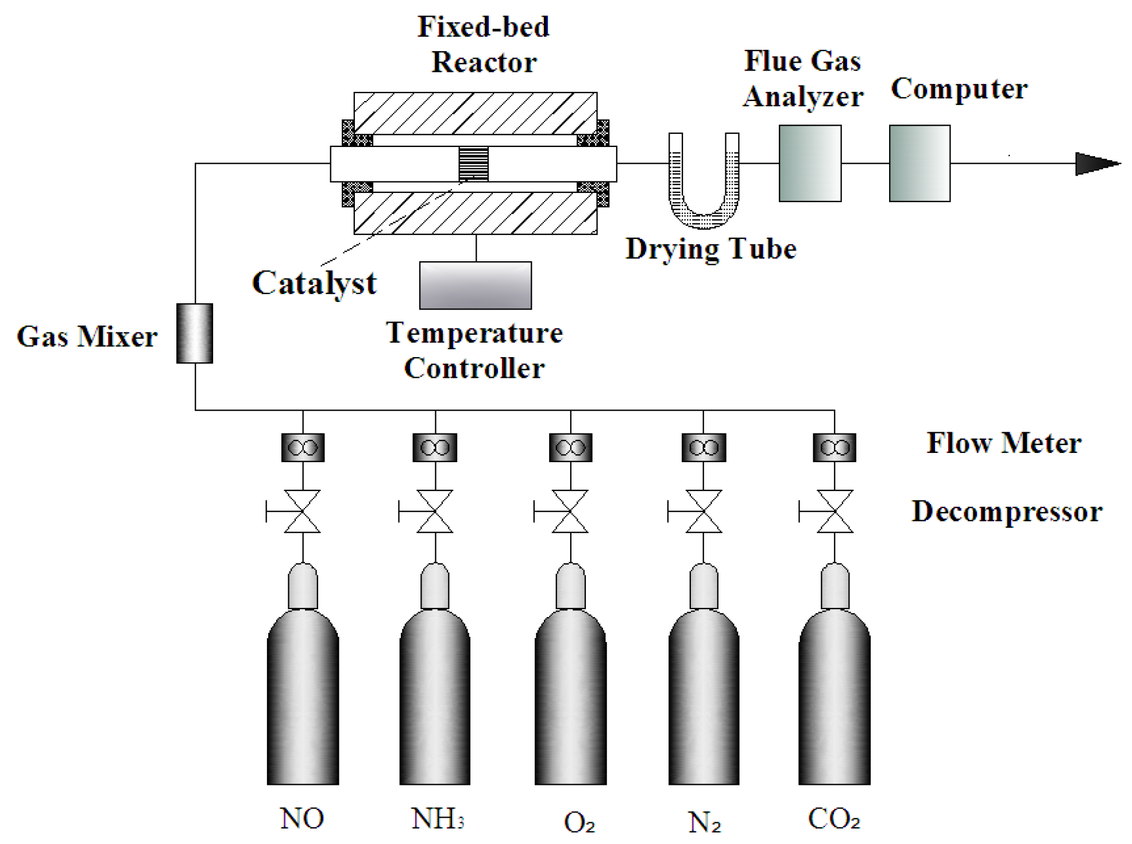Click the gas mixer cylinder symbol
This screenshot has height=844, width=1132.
[x=194, y=333]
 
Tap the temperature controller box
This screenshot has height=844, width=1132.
[x=475, y=285]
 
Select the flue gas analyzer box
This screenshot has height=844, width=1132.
[x=810, y=163]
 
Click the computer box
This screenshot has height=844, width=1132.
[x=919, y=163]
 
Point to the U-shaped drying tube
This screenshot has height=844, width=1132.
[x=704, y=221]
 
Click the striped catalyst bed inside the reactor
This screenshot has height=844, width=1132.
[x=473, y=164]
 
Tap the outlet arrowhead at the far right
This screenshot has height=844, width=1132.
[x=1097, y=164]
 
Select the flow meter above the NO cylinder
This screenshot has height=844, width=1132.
[x=303, y=447]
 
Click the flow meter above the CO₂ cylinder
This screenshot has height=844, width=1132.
[x=834, y=447]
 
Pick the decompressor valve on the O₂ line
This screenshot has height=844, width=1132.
[x=570, y=511]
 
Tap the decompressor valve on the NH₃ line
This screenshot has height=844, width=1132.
[x=435, y=511]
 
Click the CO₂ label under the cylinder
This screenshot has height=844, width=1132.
[x=834, y=818]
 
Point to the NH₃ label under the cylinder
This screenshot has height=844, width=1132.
[x=438, y=818]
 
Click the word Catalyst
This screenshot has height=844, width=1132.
[x=314, y=283]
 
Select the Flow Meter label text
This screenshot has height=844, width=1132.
[x=1004, y=443]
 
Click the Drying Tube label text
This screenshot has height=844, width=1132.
[x=711, y=249]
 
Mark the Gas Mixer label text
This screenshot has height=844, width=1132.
[x=87, y=336]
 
